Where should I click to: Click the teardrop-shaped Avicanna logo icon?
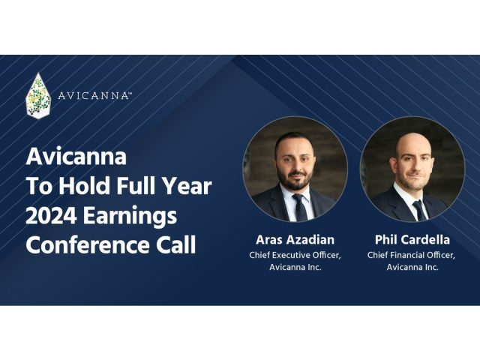pyautogui.click(x=38, y=96)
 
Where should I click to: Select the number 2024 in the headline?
pyautogui.click(x=51, y=216)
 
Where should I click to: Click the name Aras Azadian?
pyautogui.click(x=295, y=241)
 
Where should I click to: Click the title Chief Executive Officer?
pyautogui.click(x=295, y=255)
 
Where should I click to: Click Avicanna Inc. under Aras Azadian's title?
pyautogui.click(x=295, y=268)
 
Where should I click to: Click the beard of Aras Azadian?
pyautogui.click(x=295, y=180)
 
